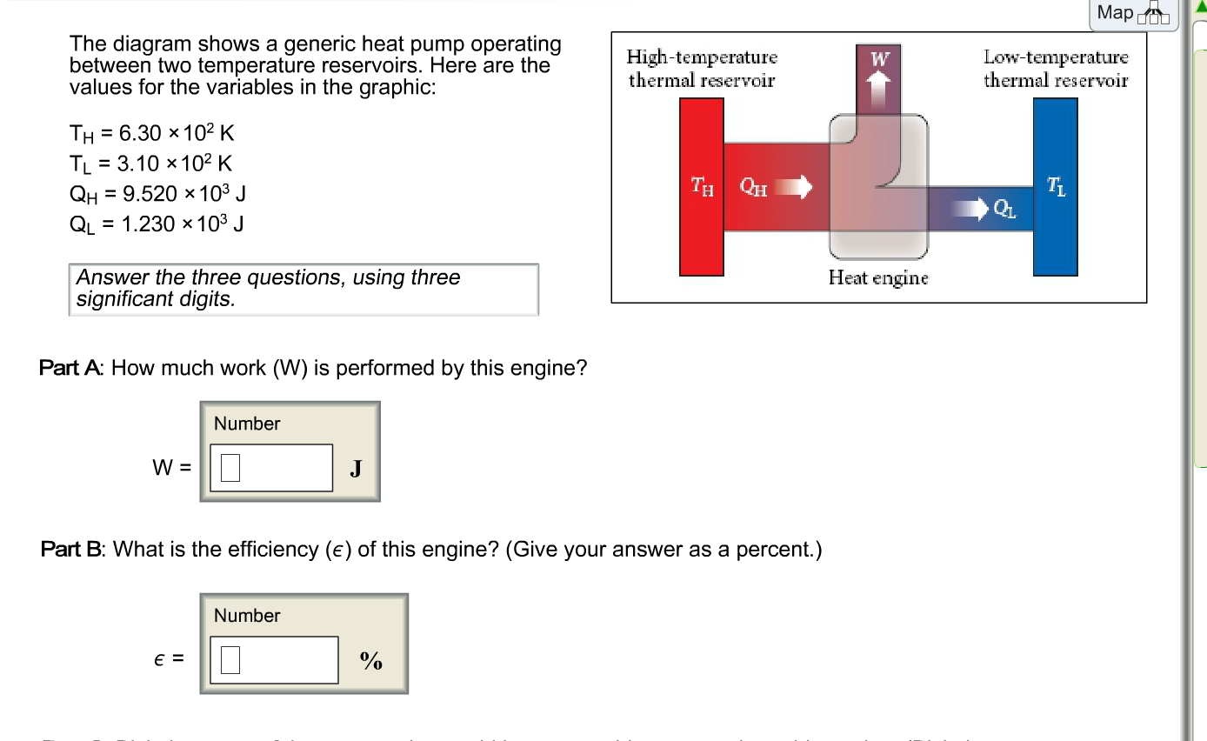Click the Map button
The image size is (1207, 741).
click(x=1133, y=13)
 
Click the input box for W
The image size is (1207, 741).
click(x=270, y=468)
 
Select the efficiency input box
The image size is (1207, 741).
click(x=274, y=660)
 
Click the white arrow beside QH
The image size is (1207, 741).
click(x=792, y=186)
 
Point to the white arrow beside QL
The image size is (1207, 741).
click(x=969, y=208)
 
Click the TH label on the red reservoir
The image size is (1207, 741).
click(x=701, y=186)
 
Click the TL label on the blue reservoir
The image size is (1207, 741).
click(x=1055, y=185)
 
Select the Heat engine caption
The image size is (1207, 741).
click(x=878, y=277)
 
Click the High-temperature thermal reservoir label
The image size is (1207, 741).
click(x=702, y=69)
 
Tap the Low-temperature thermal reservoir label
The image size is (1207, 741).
click(x=1056, y=69)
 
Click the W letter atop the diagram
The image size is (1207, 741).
click(x=880, y=59)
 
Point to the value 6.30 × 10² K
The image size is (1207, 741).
click(x=152, y=133)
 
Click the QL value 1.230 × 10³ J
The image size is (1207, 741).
click(x=157, y=224)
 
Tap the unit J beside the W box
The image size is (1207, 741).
click(x=355, y=470)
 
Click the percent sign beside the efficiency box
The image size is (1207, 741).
click(x=371, y=661)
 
